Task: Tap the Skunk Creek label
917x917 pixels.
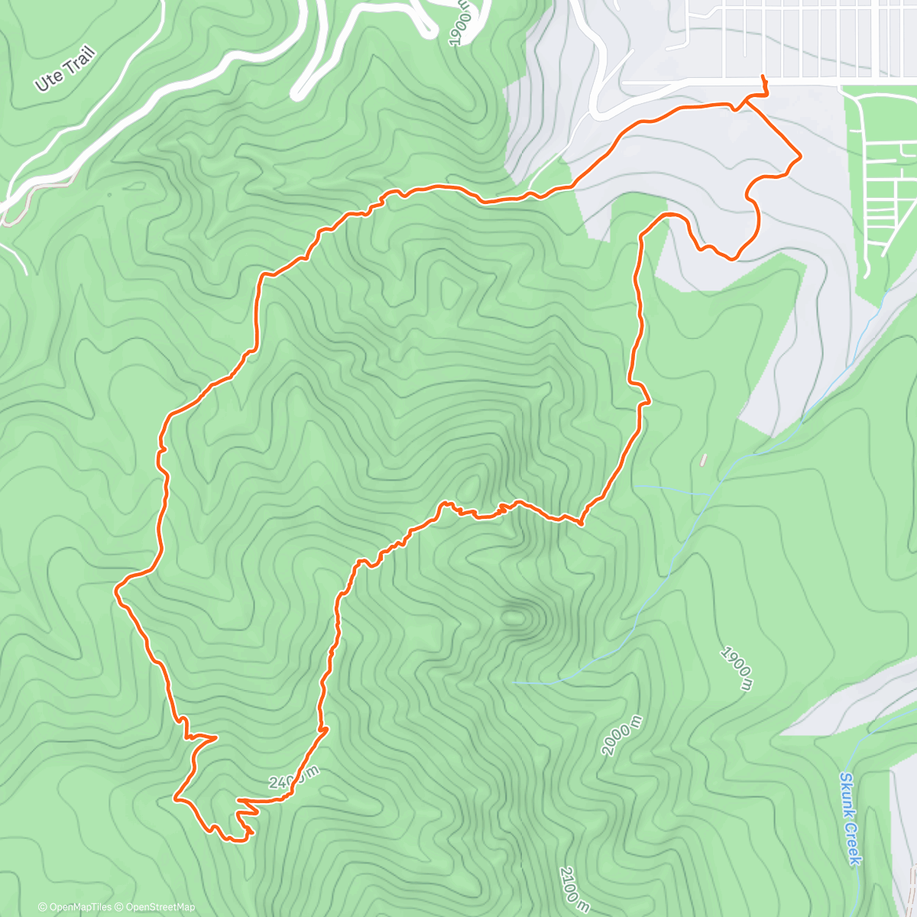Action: tap(850, 818)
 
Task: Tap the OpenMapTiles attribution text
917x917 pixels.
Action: tap(75, 907)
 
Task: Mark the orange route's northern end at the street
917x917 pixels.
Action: tap(763, 76)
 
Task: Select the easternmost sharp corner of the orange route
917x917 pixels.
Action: tap(800, 157)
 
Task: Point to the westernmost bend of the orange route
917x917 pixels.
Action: tap(116, 589)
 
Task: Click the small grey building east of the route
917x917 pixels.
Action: tap(702, 460)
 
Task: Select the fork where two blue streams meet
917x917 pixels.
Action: tap(718, 481)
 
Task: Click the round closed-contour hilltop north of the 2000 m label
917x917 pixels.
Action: tap(515, 613)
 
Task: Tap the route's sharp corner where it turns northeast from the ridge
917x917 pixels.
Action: tap(580, 524)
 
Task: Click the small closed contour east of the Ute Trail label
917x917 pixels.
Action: tap(134, 185)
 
